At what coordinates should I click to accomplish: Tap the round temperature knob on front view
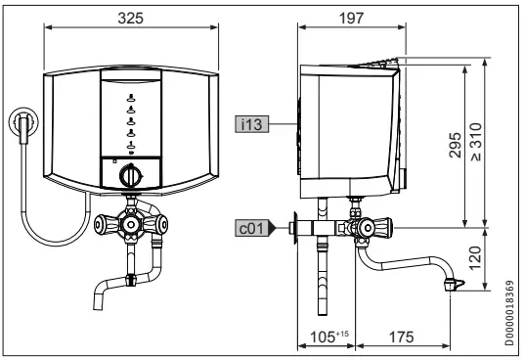[130, 177]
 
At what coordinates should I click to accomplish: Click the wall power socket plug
[22, 126]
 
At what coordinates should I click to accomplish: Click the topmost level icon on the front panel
[130, 99]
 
